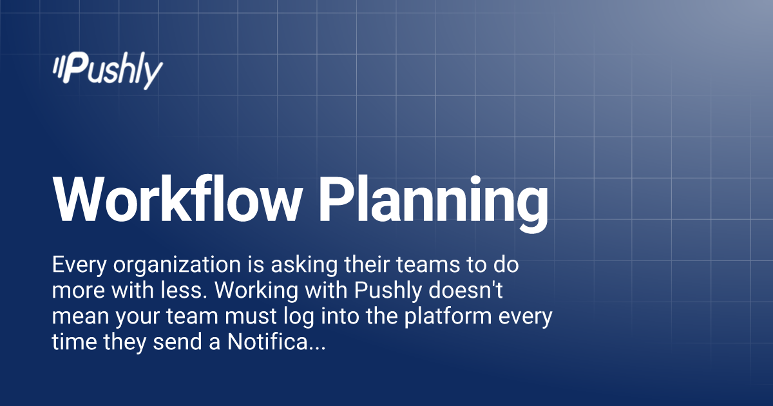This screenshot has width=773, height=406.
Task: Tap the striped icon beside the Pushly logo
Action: coord(61,68)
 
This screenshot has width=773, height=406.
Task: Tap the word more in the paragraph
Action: coord(76,291)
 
